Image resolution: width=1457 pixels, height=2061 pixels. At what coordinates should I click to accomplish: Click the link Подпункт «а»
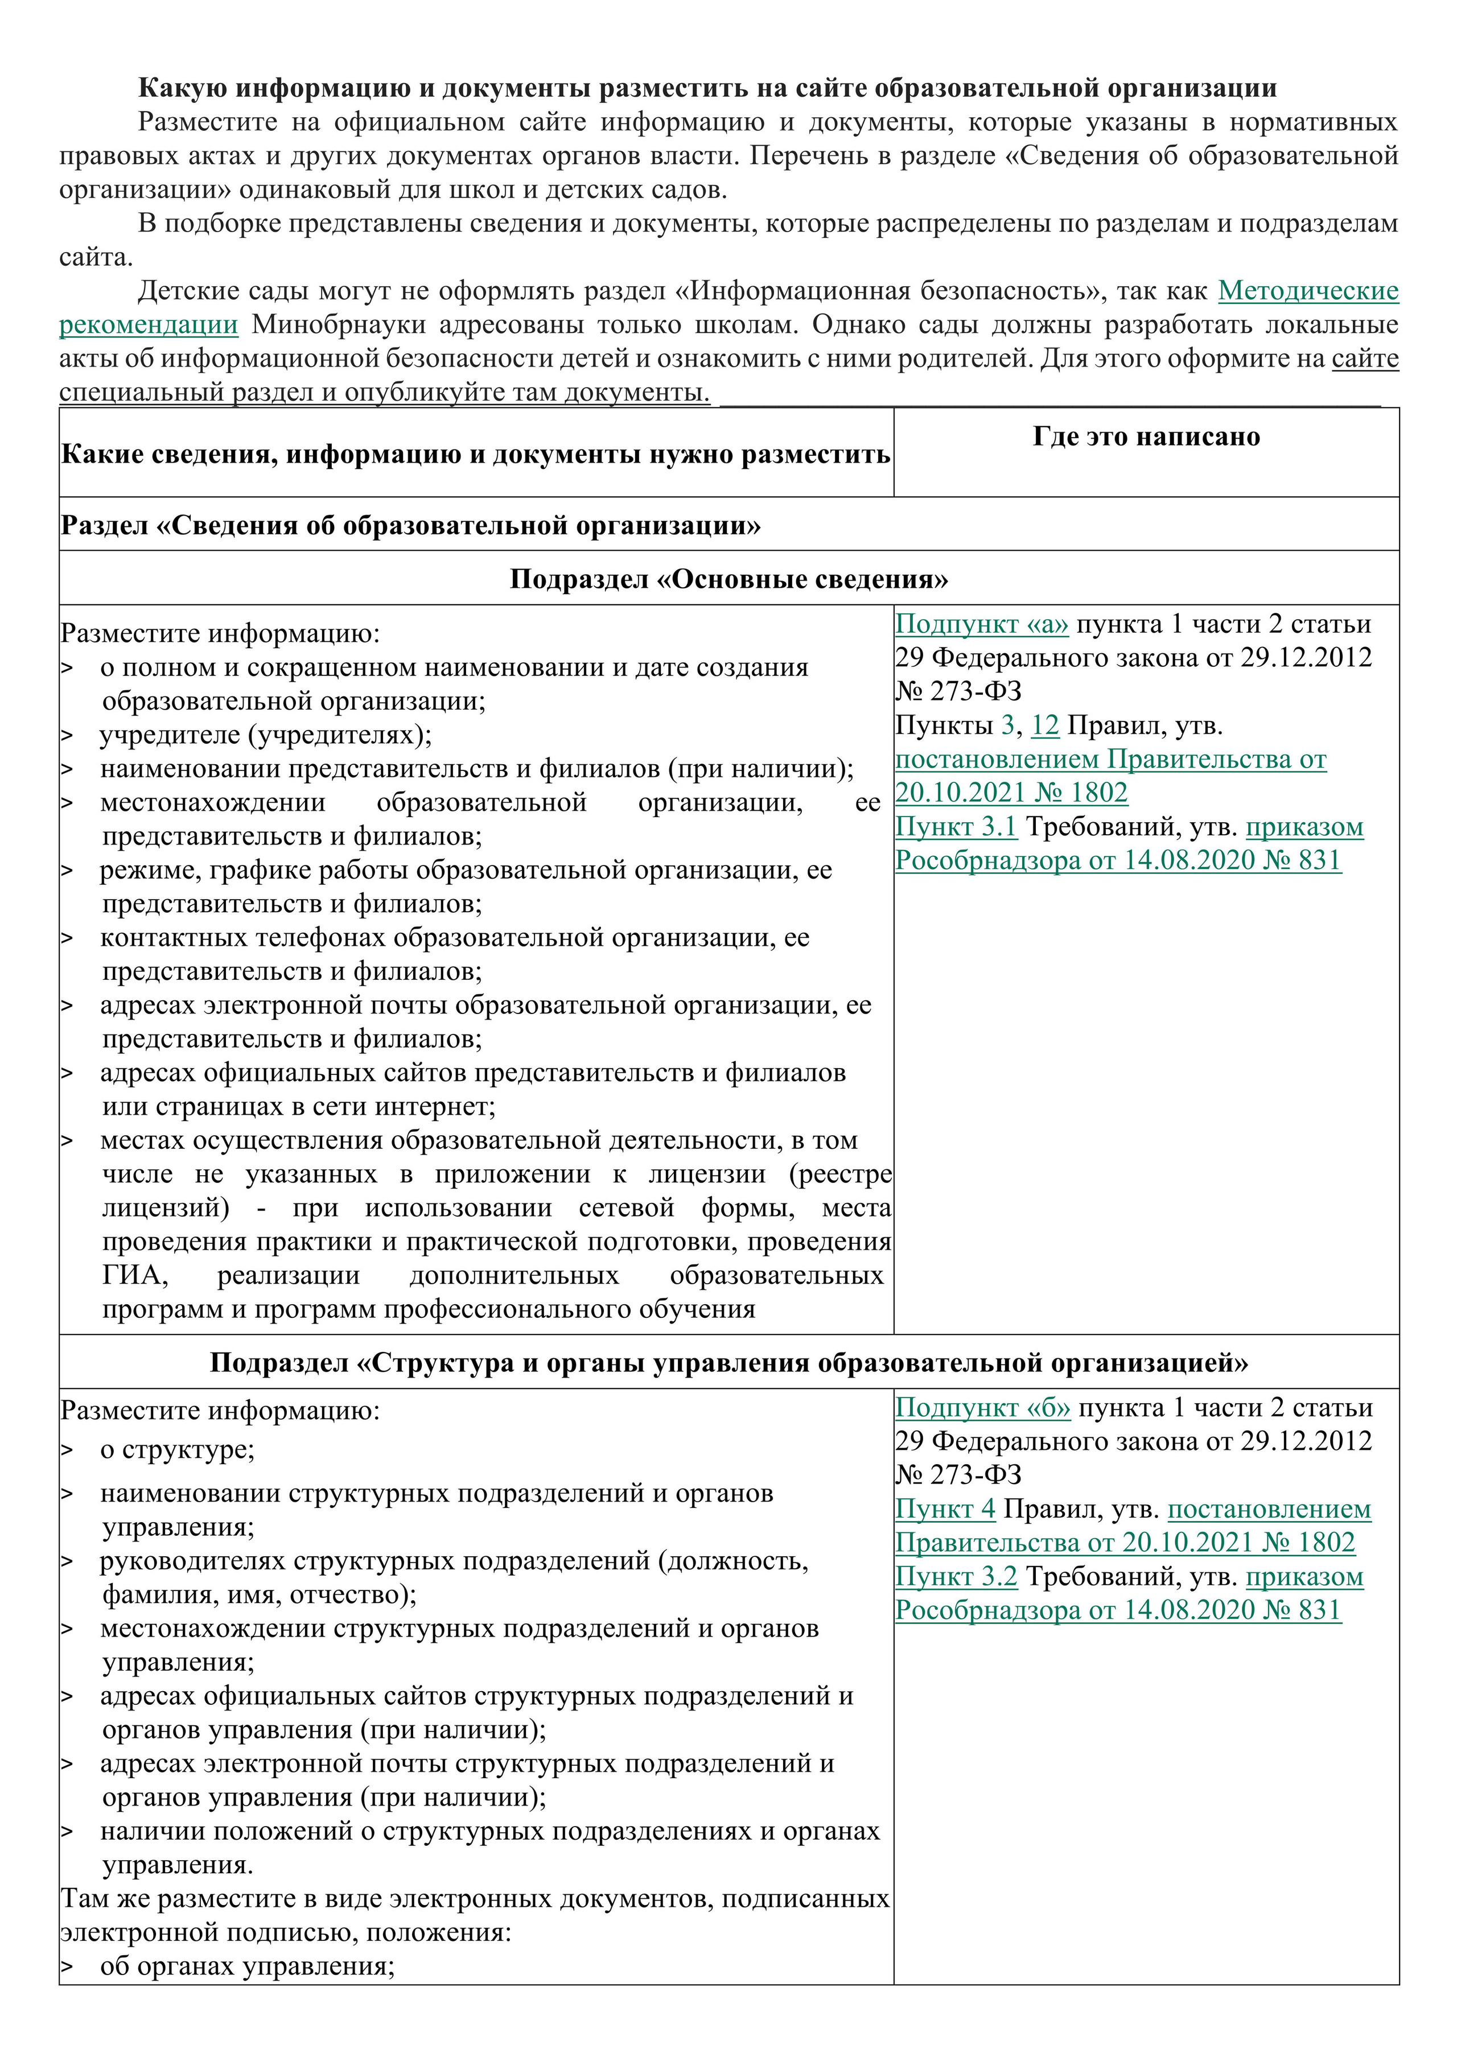click(x=981, y=624)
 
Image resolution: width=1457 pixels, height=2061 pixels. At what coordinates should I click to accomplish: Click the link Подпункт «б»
click(x=982, y=1408)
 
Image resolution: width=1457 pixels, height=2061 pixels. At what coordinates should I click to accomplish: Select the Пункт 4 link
click(x=944, y=1509)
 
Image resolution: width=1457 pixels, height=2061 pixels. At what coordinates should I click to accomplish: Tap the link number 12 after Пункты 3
click(x=1045, y=726)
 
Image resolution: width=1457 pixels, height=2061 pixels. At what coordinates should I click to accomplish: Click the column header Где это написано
click(x=1146, y=437)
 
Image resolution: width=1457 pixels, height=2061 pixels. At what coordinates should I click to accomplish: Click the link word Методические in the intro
click(x=1308, y=291)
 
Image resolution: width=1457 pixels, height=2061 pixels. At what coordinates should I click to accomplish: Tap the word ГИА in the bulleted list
click(x=135, y=1276)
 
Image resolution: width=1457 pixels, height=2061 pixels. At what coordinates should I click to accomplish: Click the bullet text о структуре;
click(x=178, y=1450)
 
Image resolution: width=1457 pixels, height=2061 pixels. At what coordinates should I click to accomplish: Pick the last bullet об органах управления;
click(x=248, y=1967)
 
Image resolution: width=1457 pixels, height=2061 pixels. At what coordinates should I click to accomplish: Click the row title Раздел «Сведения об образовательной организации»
click(x=410, y=525)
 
